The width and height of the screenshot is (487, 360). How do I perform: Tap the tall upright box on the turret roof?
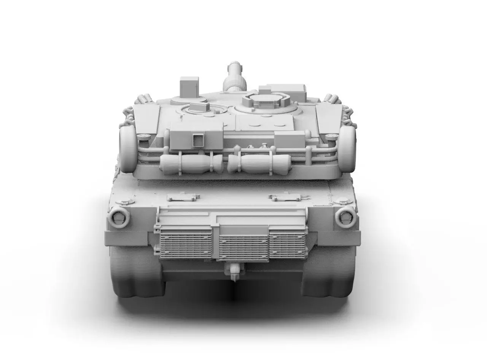point(189,87)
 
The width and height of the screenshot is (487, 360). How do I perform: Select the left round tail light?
point(119,217)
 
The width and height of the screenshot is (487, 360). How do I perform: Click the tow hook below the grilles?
point(234,271)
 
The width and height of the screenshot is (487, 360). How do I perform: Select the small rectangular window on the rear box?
point(198,140)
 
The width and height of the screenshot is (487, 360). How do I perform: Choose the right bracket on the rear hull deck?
point(284,197)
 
